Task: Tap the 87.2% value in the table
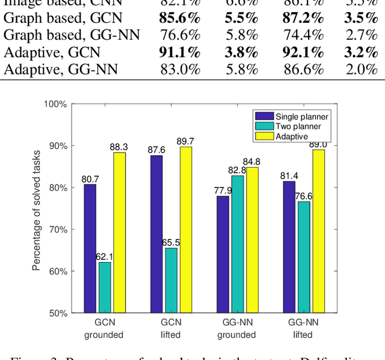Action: click(302, 18)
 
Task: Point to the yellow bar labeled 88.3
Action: click(120, 233)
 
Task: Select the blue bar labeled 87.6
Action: click(157, 234)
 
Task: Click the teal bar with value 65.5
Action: click(172, 280)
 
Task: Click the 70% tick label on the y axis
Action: click(58, 230)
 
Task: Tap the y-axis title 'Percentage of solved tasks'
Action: click(36, 209)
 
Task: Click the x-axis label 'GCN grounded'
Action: click(105, 328)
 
